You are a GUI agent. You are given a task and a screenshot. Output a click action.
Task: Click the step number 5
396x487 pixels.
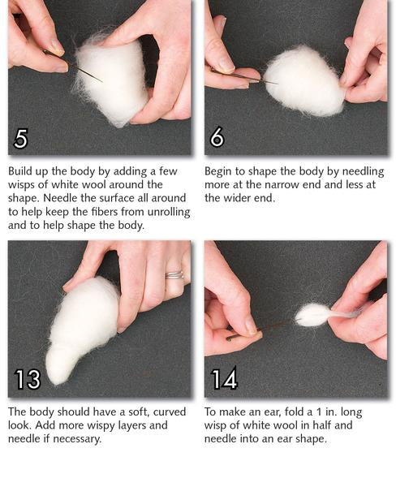pyautogui.click(x=21, y=139)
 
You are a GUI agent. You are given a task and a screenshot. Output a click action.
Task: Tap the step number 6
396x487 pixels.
pyautogui.click(x=217, y=136)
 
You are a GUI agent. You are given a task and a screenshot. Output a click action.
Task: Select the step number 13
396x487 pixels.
pyautogui.click(x=28, y=379)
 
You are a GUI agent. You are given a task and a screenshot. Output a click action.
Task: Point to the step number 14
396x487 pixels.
pyautogui.click(x=224, y=378)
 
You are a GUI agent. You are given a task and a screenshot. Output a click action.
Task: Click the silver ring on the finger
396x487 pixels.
pyautogui.click(x=174, y=275)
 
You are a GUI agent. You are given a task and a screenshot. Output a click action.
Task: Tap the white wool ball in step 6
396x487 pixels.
pyautogui.click(x=304, y=81)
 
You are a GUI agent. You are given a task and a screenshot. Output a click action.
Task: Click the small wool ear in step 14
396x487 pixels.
pyautogui.click(x=312, y=315)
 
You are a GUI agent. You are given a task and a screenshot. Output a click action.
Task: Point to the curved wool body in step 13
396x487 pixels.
pyautogui.click(x=81, y=330)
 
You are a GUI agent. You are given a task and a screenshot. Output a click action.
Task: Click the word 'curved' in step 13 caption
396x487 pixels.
pyautogui.click(x=170, y=412)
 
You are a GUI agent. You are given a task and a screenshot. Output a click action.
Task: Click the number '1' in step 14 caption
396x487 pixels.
pyautogui.click(x=319, y=412)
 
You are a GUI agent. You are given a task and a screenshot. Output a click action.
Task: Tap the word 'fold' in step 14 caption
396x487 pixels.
pyautogui.click(x=292, y=412)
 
